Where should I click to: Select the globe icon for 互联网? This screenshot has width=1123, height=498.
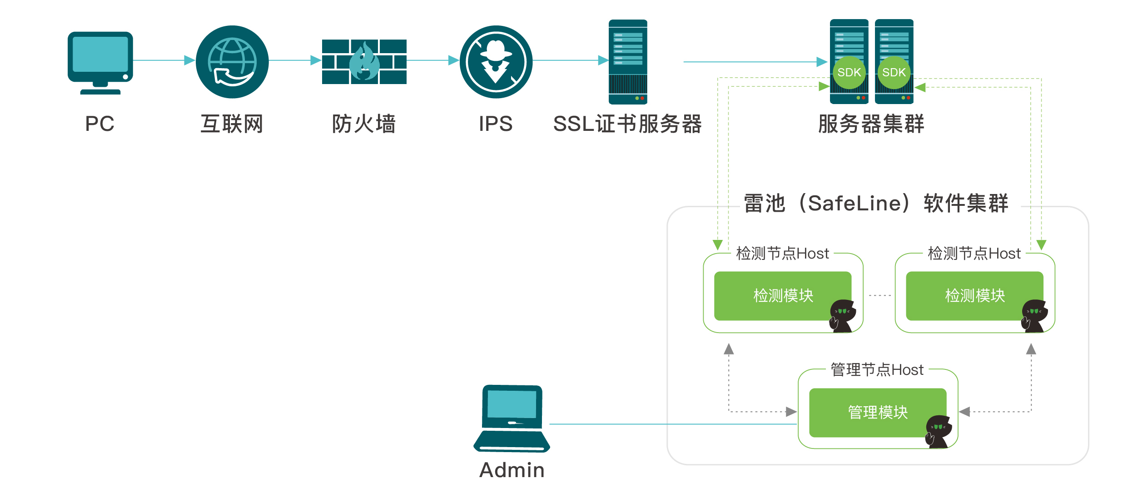click(232, 62)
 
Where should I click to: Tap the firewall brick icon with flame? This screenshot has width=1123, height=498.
click(364, 62)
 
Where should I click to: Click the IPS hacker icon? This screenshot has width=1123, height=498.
click(496, 62)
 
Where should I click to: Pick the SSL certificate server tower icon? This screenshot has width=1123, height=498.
click(628, 62)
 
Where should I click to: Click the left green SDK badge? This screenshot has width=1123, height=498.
click(849, 72)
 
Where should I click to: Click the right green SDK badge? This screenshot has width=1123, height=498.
click(894, 72)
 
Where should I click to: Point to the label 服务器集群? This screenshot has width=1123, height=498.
click(871, 124)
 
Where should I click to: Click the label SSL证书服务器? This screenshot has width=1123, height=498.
click(627, 124)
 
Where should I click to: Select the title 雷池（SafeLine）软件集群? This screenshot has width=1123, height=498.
click(876, 203)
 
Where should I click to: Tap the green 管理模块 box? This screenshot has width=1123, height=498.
click(877, 412)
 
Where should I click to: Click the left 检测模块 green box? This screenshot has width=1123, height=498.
click(782, 296)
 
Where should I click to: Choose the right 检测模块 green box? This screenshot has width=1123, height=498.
click(974, 296)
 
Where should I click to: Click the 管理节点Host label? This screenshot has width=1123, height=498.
click(877, 370)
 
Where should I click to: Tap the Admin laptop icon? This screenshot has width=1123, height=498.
click(512, 418)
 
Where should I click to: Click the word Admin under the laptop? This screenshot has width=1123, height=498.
click(512, 470)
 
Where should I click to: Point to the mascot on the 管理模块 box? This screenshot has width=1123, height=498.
click(938, 431)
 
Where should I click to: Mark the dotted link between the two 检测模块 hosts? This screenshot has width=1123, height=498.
click(880, 295)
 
